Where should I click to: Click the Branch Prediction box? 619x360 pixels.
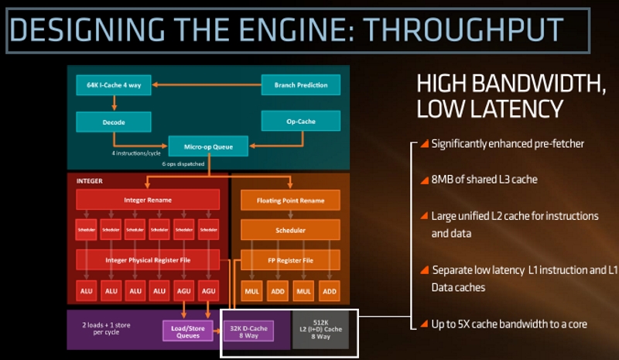click(x=301, y=85)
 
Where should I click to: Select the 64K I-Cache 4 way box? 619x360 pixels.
click(x=113, y=84)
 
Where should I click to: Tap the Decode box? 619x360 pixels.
click(x=113, y=122)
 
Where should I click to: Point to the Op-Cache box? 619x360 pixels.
click(x=300, y=121)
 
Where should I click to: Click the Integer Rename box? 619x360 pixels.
click(x=147, y=200)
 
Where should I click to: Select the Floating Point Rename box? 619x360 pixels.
click(x=289, y=201)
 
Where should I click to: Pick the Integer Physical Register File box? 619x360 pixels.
click(x=147, y=258)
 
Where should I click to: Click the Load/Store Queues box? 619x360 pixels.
click(x=187, y=330)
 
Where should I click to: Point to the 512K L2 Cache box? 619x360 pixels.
click(x=320, y=330)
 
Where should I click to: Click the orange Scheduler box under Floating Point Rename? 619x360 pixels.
click(x=289, y=230)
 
